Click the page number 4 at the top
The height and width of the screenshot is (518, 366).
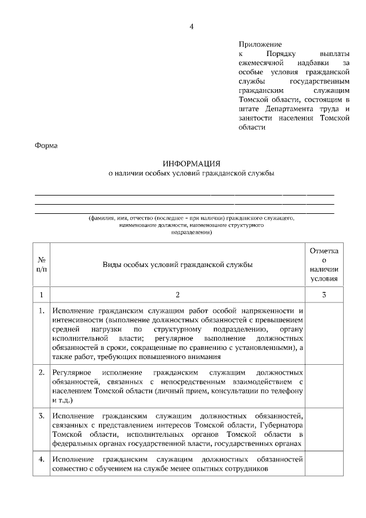(x=192, y=26)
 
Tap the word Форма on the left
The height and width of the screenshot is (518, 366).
(x=46, y=145)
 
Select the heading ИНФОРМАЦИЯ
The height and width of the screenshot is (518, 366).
(x=192, y=163)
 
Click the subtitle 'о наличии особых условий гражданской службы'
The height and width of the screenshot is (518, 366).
(x=192, y=173)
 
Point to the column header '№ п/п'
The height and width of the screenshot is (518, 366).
(x=42, y=264)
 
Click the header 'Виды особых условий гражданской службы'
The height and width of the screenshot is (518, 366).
(x=177, y=264)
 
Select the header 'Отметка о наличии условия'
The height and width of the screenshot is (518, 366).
(x=324, y=265)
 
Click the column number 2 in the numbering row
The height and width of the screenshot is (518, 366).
(x=177, y=294)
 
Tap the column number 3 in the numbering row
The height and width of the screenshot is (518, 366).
(x=324, y=294)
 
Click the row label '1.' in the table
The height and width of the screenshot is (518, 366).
(x=42, y=311)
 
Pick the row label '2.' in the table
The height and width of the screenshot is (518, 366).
(x=42, y=372)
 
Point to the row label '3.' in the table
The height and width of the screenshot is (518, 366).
(x=42, y=415)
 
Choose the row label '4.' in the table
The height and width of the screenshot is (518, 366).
(x=42, y=459)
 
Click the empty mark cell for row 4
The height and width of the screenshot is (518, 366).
(x=324, y=464)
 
